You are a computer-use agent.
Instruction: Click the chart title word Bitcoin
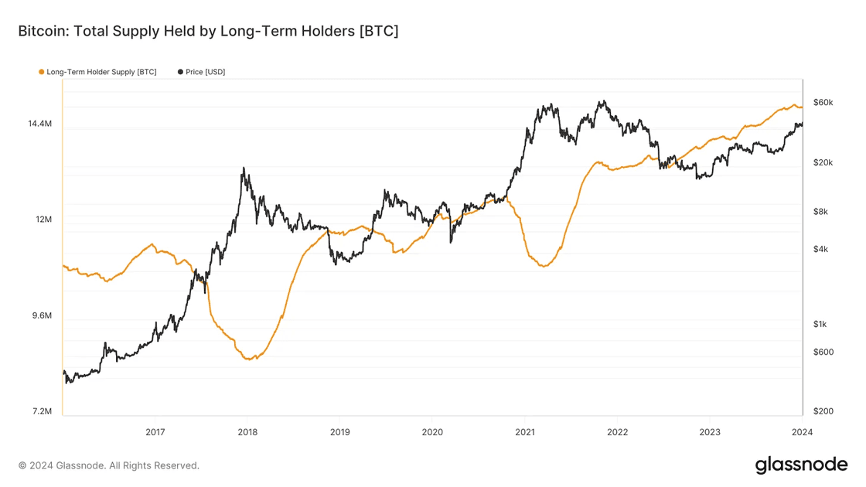pyautogui.click(x=41, y=32)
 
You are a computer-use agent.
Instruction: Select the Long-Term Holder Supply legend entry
pyautogui.click(x=101, y=72)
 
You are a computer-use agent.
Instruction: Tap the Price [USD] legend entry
pyautogui.click(x=205, y=72)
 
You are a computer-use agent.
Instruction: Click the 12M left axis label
pyautogui.click(x=43, y=220)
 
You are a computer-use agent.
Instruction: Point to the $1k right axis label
pyautogui.click(x=820, y=324)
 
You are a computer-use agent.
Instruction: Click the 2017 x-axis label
pyautogui.click(x=155, y=432)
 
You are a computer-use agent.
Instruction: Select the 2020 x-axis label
pyautogui.click(x=432, y=432)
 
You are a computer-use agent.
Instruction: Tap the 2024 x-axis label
pyautogui.click(x=802, y=432)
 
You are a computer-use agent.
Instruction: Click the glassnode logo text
pyautogui.click(x=801, y=465)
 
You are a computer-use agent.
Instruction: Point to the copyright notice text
pyautogui.click(x=109, y=465)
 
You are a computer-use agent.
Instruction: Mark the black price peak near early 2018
pyautogui.click(x=244, y=168)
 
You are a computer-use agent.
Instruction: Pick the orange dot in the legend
pyautogui.click(x=42, y=72)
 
